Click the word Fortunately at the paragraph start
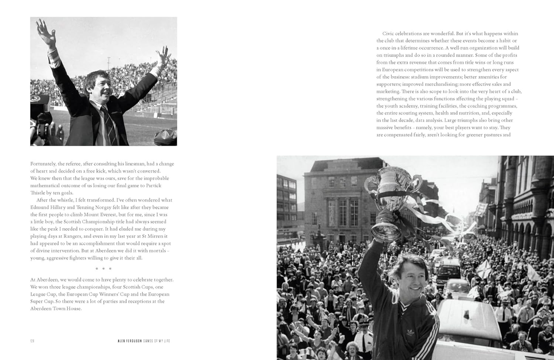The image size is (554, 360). pos(42,163)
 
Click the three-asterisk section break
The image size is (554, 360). pos(103,269)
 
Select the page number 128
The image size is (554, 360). pos(33,341)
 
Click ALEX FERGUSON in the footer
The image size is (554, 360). pos(132,341)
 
